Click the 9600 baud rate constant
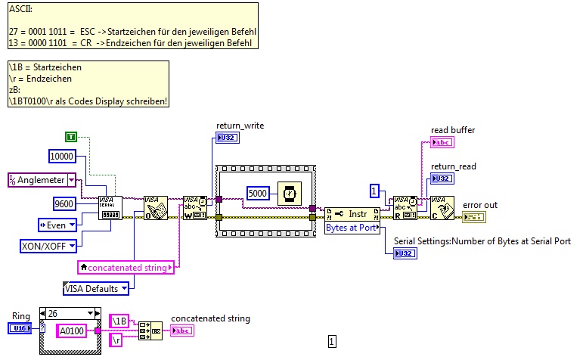pyautogui.click(x=64, y=203)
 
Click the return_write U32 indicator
pyautogui.click(x=226, y=138)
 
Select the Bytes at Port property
pyautogui.click(x=352, y=227)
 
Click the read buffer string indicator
pyautogui.click(x=442, y=143)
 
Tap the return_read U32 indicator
pyautogui.click(x=442, y=178)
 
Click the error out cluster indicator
pyautogui.click(x=476, y=217)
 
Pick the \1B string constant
pyautogui.click(x=121, y=321)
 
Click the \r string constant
pyautogui.click(x=118, y=341)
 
